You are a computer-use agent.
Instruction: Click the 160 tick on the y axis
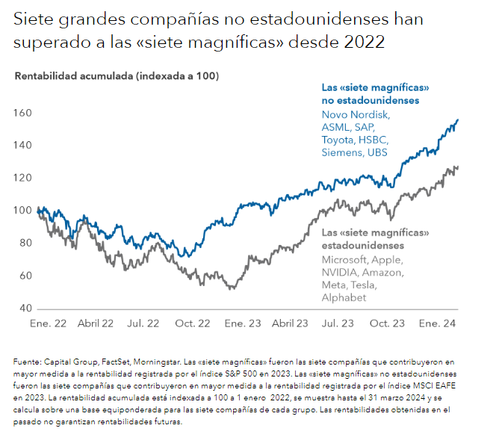(x=24, y=112)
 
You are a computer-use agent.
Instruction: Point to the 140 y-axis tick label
(x=24, y=145)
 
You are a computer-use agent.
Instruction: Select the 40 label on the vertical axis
(x=27, y=308)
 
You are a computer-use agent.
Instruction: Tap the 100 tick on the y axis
(x=24, y=210)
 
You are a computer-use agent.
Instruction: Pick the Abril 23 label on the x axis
(x=290, y=323)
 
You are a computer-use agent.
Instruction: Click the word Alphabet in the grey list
(x=344, y=297)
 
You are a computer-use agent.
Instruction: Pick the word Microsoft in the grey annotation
(x=346, y=259)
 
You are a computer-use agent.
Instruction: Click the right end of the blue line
(x=458, y=120)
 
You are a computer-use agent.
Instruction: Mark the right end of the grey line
(x=458, y=167)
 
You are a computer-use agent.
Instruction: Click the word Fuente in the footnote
(x=28, y=362)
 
